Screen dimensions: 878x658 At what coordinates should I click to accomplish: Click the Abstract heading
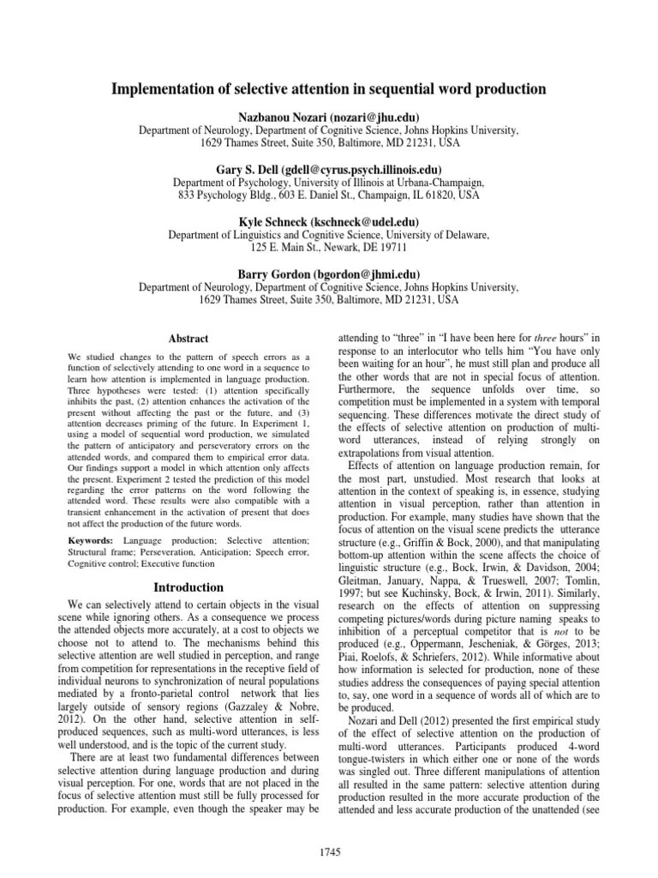coord(188,339)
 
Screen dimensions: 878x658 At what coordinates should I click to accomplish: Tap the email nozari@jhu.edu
coord(380,117)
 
